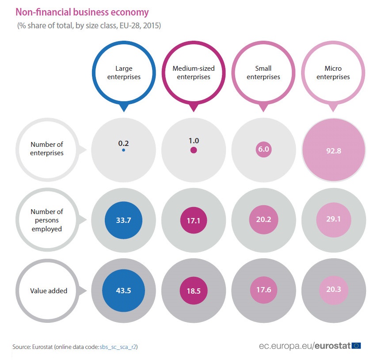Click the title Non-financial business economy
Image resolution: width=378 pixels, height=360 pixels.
pyautogui.click(x=82, y=12)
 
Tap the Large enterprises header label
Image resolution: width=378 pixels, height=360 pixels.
pyautogui.click(x=124, y=73)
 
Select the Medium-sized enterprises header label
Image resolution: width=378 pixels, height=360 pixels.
pyautogui.click(x=194, y=73)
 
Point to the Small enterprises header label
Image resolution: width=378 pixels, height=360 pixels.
pyautogui.click(x=263, y=73)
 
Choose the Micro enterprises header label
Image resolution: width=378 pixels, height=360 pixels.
pyautogui.click(x=333, y=73)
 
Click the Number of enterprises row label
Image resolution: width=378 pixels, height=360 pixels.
pyautogui.click(x=47, y=149)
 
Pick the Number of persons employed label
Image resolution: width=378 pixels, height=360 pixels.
pyautogui.click(x=47, y=219)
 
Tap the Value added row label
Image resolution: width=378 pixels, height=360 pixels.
pyautogui.click(x=49, y=291)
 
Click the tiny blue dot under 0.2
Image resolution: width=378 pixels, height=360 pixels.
pyautogui.click(x=124, y=150)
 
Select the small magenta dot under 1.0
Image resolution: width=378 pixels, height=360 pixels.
pyautogui.click(x=194, y=150)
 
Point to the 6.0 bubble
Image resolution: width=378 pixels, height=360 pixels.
pyautogui.click(x=263, y=149)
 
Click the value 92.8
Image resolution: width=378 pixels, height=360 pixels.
pyautogui.click(x=333, y=150)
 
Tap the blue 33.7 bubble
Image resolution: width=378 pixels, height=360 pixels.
pyautogui.click(x=124, y=220)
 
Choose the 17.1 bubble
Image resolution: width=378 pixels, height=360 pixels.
pyautogui.click(x=194, y=220)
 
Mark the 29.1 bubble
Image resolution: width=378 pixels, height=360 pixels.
pyautogui.click(x=333, y=220)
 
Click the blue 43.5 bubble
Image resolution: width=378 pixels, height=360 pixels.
pyautogui.click(x=124, y=291)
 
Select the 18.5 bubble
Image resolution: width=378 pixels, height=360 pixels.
pyautogui.click(x=194, y=291)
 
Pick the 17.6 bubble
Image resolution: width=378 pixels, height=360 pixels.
pyautogui.click(x=263, y=291)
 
